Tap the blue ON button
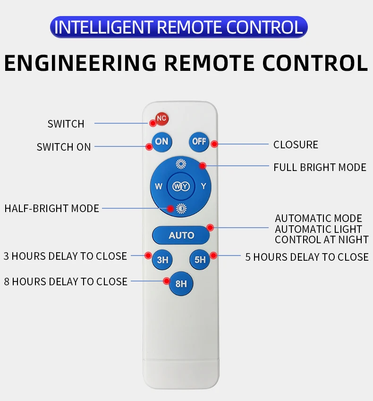161,141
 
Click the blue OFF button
199,141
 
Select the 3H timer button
162,259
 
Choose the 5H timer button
199,259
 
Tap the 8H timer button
181,283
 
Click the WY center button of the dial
181,186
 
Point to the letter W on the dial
159,186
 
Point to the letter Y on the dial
203,186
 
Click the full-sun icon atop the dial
181,164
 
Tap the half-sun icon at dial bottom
181,208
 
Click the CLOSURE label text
296,145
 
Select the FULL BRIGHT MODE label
320,167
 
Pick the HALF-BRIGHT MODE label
52,208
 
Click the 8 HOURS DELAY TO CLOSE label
66,282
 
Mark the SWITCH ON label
64,147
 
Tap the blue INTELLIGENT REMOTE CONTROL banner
178,27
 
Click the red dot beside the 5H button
213,256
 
